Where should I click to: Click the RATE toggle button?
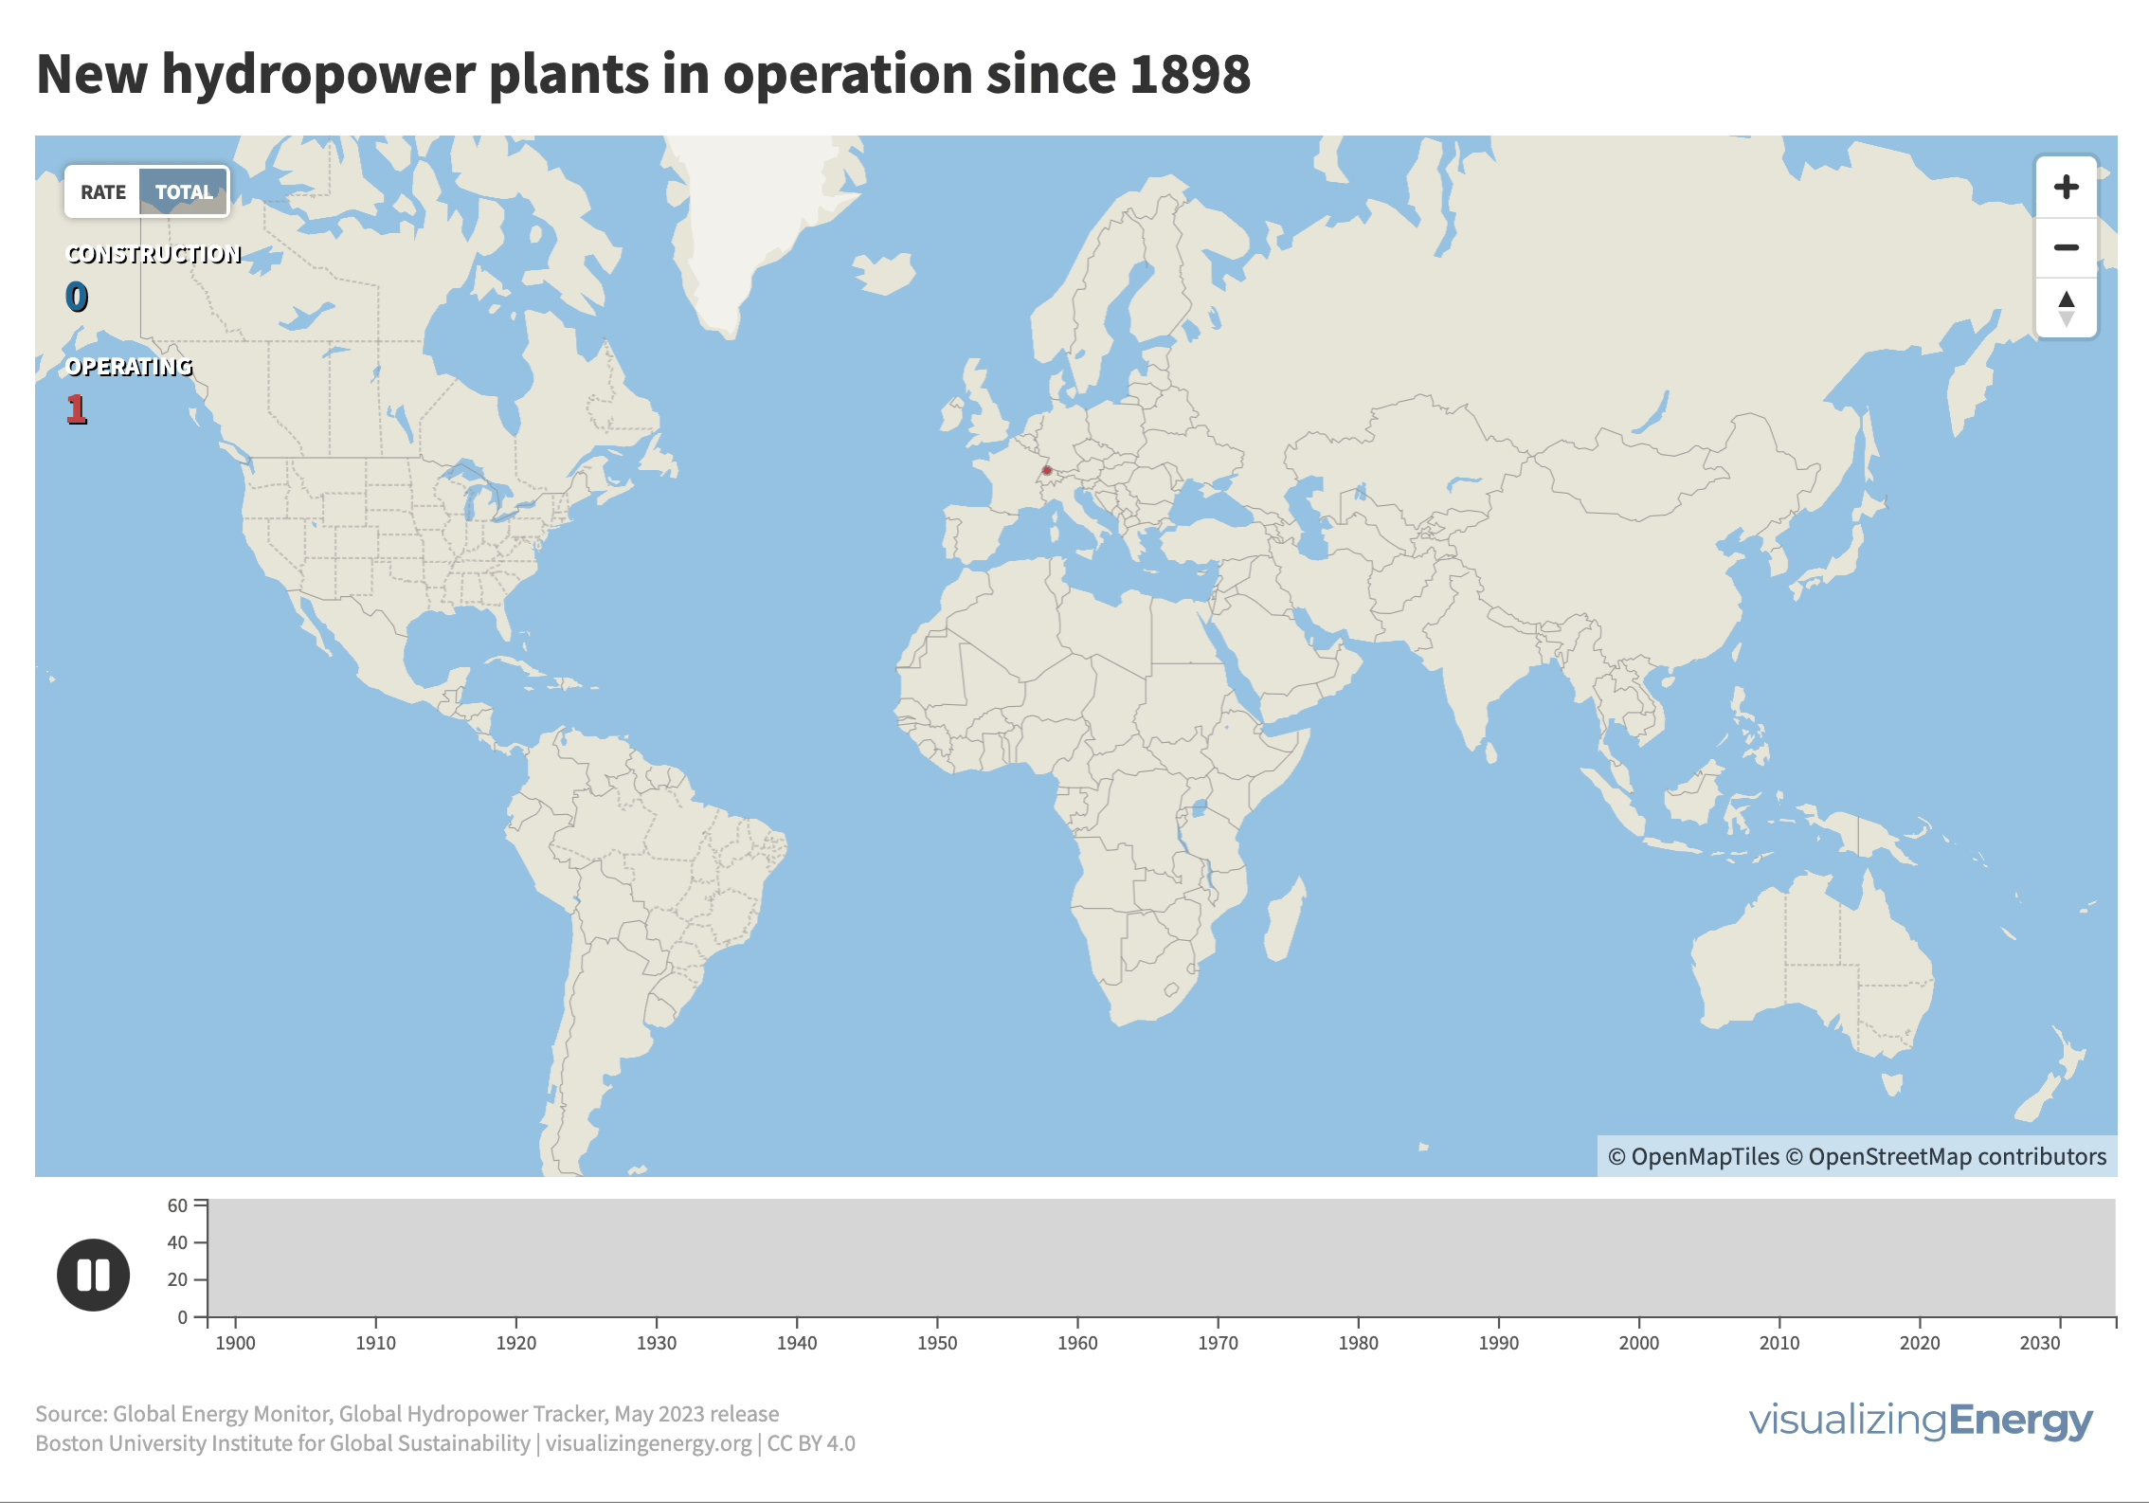[x=102, y=192]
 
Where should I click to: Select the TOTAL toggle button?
[x=184, y=192]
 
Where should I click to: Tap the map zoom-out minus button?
[x=2066, y=248]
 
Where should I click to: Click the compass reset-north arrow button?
[x=2066, y=308]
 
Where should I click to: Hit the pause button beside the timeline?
[x=93, y=1275]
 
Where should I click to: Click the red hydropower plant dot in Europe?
[x=1047, y=470]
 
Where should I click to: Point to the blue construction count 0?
[x=77, y=298]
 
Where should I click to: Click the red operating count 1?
[x=77, y=409]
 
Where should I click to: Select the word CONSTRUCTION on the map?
[x=153, y=254]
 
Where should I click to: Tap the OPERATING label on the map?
[x=129, y=367]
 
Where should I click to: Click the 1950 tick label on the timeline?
[x=937, y=1343]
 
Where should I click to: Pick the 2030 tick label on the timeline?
[x=2040, y=1343]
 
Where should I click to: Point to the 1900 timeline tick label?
[x=235, y=1343]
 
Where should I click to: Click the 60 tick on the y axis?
[x=177, y=1205]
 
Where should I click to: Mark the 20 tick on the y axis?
[x=177, y=1279]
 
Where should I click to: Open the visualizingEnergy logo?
[x=1921, y=1421]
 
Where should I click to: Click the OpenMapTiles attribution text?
[x=1694, y=1157]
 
